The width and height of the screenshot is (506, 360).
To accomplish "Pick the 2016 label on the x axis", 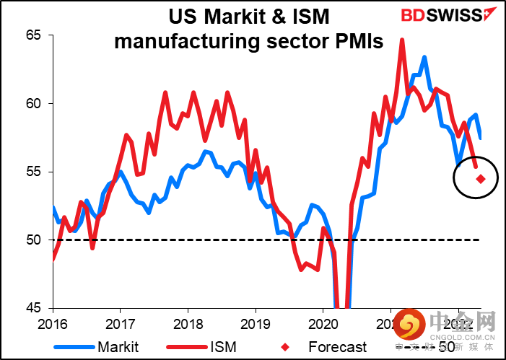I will (x=54, y=322).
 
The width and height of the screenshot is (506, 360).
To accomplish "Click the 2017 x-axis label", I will (x=121, y=322).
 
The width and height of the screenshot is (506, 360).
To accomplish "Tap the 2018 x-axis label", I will (x=188, y=322).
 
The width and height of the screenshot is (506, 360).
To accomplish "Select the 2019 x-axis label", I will (x=256, y=322).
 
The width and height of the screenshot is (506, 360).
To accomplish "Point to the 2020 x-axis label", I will (x=323, y=322).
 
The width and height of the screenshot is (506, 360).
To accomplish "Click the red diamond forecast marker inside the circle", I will (x=481, y=179).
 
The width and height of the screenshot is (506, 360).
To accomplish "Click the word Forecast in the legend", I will (x=338, y=347).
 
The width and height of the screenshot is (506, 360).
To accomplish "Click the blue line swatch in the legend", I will (x=74, y=347).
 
